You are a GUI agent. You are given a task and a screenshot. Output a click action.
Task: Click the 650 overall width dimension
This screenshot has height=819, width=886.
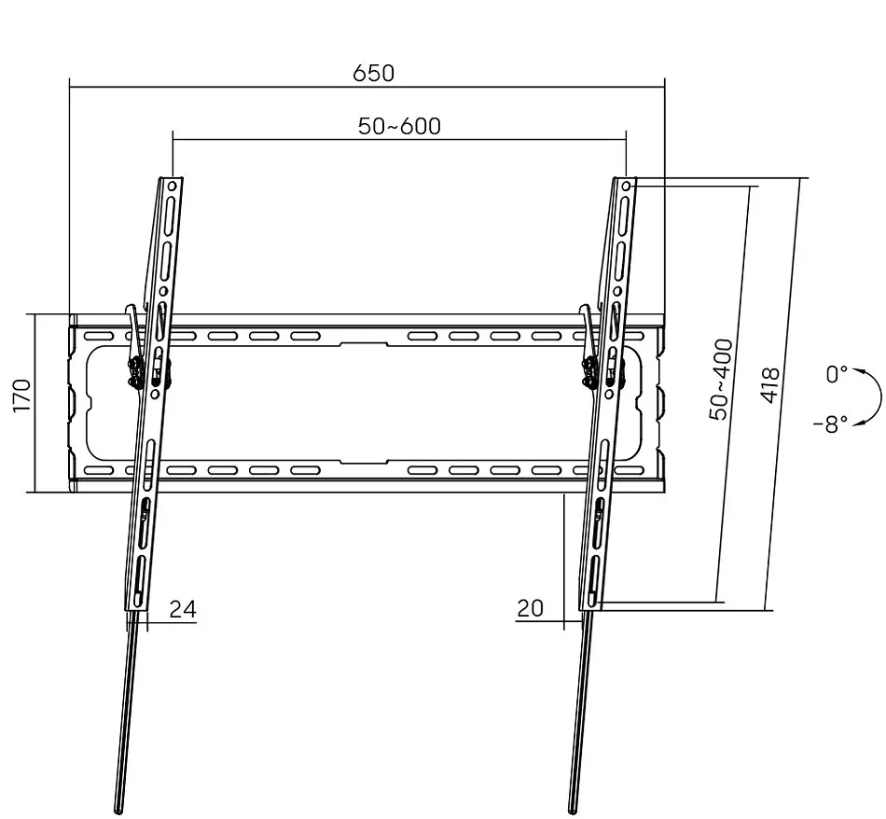click(x=373, y=74)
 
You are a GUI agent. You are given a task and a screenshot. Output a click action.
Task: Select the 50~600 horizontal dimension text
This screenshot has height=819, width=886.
click(x=399, y=126)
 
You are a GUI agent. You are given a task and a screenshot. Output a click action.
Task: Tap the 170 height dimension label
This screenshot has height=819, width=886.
click(x=22, y=396)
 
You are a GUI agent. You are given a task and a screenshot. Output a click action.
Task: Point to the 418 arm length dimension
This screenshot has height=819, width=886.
click(x=770, y=385)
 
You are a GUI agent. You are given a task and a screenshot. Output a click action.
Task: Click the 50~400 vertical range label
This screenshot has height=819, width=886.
click(x=720, y=380)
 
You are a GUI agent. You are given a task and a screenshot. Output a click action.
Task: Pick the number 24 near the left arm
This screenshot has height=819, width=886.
click(x=183, y=609)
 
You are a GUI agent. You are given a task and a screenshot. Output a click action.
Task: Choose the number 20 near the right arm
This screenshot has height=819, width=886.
click(x=530, y=608)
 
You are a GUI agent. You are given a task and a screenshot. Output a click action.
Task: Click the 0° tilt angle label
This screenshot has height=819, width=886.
click(x=837, y=374)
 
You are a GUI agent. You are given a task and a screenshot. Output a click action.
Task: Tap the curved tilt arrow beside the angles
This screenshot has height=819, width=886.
click(x=880, y=397)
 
